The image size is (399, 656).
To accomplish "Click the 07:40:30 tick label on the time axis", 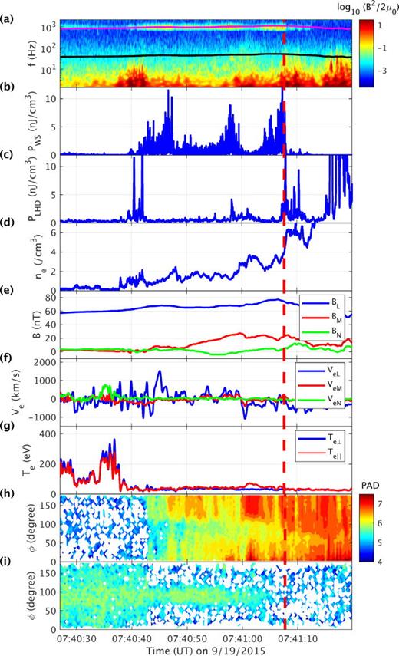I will pos(74,636).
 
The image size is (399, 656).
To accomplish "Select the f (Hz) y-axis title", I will pos(30,54).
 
